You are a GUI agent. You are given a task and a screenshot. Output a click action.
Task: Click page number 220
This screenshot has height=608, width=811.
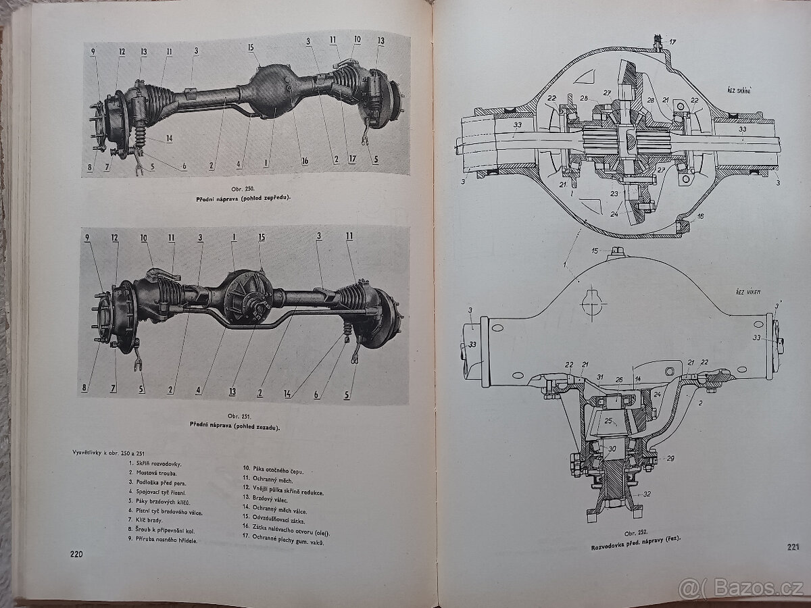pyautogui.click(x=76, y=555)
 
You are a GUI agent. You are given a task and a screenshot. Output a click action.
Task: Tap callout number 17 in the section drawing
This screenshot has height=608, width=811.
pyautogui.click(x=672, y=42)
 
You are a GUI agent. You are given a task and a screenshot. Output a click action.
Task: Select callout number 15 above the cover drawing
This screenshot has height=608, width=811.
pyautogui.click(x=595, y=251)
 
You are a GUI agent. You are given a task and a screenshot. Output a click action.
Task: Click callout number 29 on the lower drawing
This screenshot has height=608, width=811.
pyautogui.click(x=670, y=458)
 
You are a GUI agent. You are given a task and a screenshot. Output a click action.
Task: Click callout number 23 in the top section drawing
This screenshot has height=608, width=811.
pyautogui.click(x=614, y=193)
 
